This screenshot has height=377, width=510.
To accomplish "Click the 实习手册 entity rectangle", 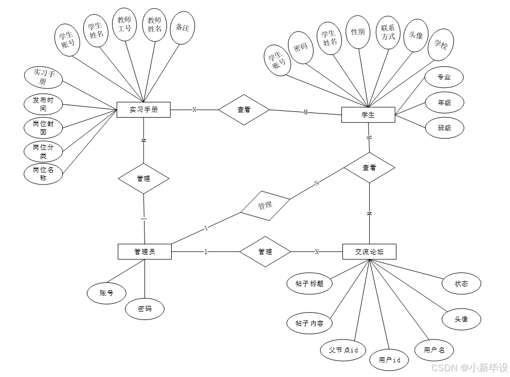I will click(143, 110).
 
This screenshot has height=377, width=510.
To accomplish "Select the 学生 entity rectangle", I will click(368, 115).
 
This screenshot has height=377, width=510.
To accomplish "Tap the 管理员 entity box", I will click(145, 252).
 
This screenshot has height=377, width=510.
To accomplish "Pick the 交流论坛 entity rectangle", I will click(369, 252).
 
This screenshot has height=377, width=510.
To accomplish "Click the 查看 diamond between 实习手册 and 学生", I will click(243, 110).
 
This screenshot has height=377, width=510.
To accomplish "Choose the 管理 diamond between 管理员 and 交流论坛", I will click(265, 252).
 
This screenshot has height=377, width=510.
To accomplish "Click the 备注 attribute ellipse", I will click(183, 28).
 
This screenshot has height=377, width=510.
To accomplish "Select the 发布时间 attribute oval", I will click(43, 104).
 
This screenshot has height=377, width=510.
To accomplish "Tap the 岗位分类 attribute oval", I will click(43, 151).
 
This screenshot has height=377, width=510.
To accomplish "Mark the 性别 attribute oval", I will click(358, 32).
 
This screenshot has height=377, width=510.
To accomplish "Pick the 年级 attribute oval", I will click(444, 103).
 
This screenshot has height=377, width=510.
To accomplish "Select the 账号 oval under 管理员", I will click(106, 293).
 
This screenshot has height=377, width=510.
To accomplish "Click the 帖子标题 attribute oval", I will click(306, 283).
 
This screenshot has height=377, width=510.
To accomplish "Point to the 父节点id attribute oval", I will click(343, 350).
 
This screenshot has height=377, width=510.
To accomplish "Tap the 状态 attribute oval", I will click(461, 283).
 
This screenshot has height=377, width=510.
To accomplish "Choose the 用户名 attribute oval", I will click(434, 350).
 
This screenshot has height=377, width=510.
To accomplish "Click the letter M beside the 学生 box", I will click(306, 112).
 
